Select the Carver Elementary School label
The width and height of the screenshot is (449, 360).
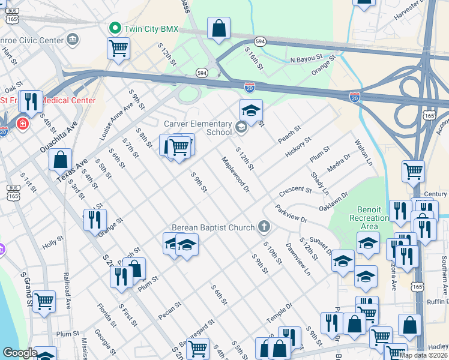pos(198,127)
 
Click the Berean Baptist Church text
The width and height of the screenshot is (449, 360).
pos(212,227)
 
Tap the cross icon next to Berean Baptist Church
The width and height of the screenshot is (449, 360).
pos(263,226)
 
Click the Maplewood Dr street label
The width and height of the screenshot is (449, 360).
pos(235,175)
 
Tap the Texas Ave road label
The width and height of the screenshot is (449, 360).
pos(72,170)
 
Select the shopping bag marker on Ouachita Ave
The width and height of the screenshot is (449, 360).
pos(60,160)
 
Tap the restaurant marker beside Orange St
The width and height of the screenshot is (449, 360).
pos(95,220)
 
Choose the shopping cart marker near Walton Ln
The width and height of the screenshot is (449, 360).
pos(413,171)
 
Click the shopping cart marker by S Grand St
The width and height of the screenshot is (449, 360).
pos(44,302)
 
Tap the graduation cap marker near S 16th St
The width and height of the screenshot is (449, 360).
pos(251,110)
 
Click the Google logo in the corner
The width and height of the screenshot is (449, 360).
pos(19,353)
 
